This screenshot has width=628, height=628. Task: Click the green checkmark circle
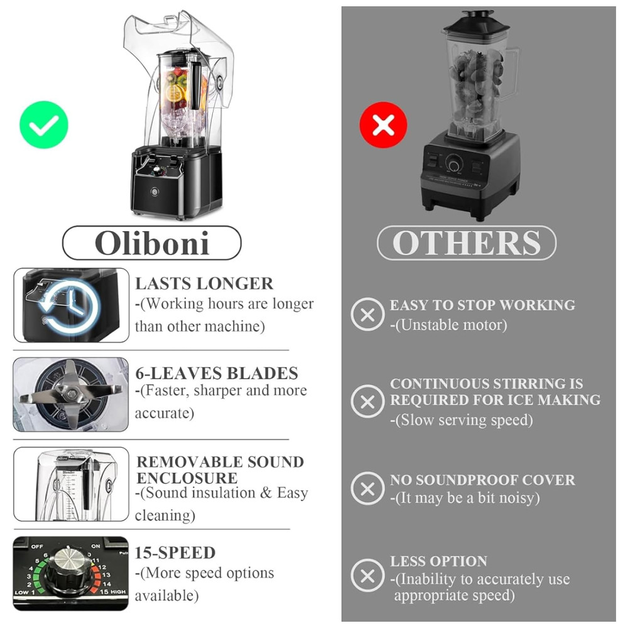point(44,124)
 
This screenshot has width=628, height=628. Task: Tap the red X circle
point(383,124)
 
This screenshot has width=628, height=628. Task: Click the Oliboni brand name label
point(152,242)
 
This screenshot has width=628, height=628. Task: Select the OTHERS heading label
point(467,242)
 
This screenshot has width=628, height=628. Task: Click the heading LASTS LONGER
point(204,284)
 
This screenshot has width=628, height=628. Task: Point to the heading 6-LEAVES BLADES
point(217,373)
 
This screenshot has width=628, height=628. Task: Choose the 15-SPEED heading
point(175,553)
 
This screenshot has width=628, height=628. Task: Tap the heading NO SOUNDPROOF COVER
point(482,480)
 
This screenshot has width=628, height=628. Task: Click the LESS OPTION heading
point(438,561)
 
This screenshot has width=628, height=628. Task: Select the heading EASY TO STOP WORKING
point(482,305)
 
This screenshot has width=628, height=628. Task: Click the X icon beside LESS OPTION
point(367,576)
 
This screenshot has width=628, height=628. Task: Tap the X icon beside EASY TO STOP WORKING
point(367,315)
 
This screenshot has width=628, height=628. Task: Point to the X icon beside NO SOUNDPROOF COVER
point(367,489)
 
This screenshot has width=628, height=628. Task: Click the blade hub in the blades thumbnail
point(72,394)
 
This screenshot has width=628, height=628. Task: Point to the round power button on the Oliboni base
point(155,192)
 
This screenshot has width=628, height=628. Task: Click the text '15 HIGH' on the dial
point(112,592)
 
